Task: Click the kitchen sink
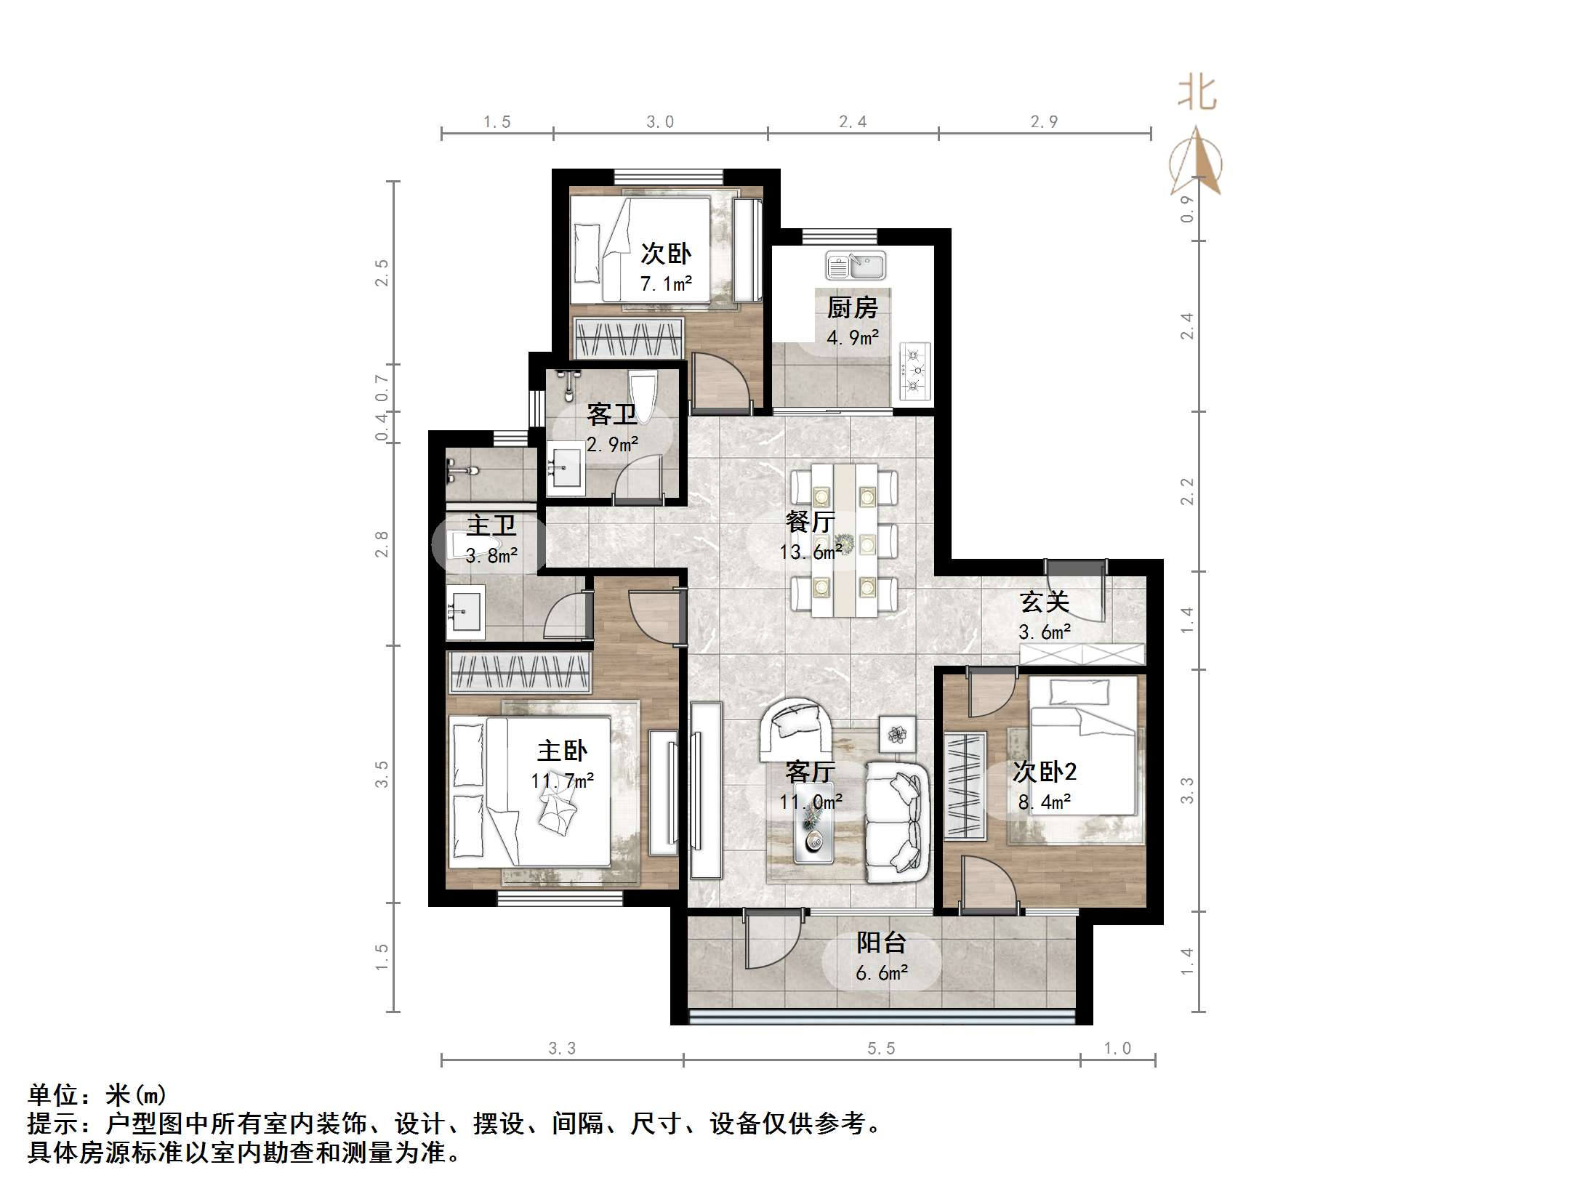point(856,266)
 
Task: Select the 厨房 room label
point(852,308)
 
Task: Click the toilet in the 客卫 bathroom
point(643,395)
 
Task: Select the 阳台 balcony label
point(881,943)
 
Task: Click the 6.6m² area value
point(882,973)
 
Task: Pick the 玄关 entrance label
point(1045,602)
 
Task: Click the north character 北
point(1197,94)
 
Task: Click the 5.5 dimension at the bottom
point(881,1048)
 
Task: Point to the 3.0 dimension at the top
point(660,122)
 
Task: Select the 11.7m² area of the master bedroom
point(563,781)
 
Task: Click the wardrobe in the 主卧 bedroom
point(520,671)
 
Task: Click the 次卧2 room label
point(1045,772)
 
